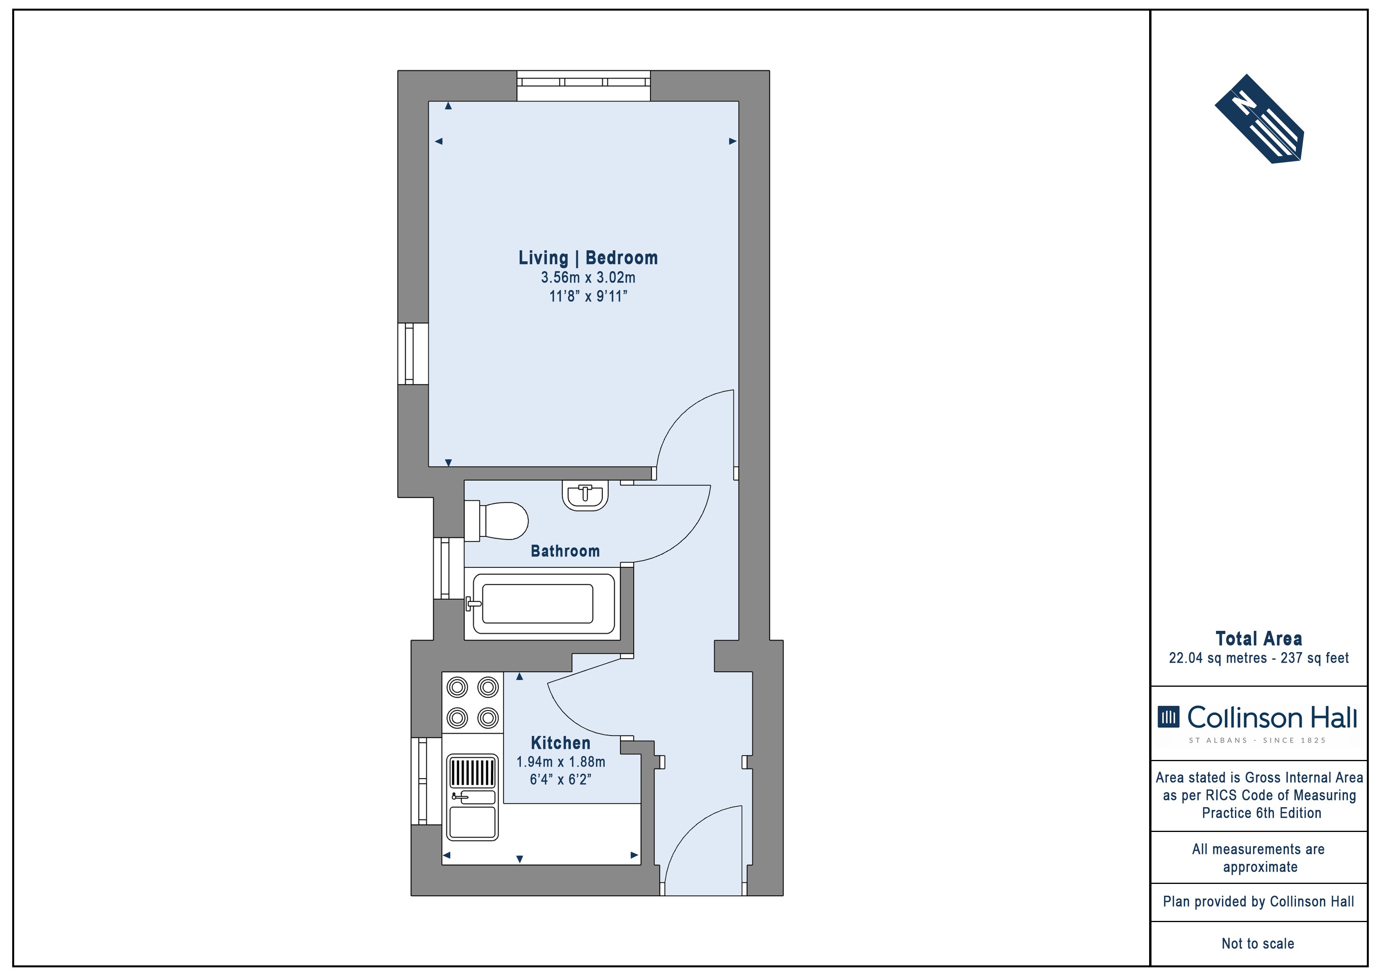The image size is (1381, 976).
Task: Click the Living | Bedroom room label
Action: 588,258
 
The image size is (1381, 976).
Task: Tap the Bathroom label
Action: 565,551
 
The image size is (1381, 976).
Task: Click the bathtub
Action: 542,604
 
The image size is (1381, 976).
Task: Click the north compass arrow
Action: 1259,118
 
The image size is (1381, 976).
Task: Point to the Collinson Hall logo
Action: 1258,723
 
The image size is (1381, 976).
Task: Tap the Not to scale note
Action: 1258,943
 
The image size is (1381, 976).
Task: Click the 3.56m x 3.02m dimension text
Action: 588,278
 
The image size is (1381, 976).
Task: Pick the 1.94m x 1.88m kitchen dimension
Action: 561,762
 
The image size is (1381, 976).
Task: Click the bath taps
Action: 473,603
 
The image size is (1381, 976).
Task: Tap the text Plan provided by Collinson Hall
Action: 1258,902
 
